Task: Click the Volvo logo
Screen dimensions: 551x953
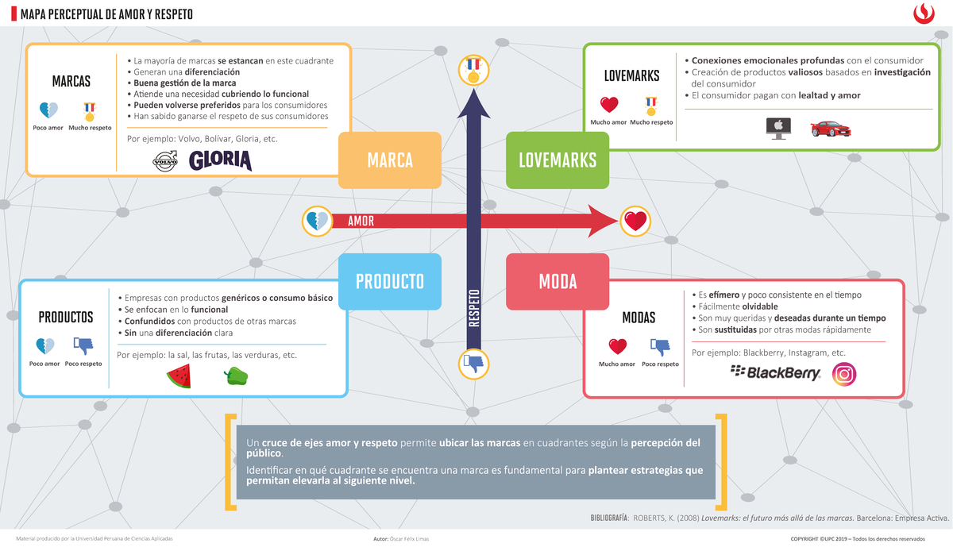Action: click(x=164, y=162)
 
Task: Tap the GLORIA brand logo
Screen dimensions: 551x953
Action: click(x=220, y=161)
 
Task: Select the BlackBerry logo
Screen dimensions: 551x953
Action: click(x=774, y=373)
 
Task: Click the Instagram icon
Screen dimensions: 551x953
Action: click(x=843, y=374)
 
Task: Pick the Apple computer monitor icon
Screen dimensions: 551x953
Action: click(x=777, y=129)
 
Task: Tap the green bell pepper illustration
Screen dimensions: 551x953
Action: click(x=237, y=376)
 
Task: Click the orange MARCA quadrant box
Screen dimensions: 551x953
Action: click(x=389, y=160)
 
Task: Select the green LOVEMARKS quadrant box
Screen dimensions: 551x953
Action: click(x=558, y=160)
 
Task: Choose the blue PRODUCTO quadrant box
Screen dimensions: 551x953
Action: click(x=389, y=281)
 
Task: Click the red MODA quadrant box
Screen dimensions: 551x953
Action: click(x=558, y=281)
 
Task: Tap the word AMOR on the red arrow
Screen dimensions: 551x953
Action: click(x=361, y=222)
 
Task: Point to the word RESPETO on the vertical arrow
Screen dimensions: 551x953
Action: click(x=474, y=307)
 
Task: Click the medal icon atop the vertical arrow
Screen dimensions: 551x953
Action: click(x=474, y=71)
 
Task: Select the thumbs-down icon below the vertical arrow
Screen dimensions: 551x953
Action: click(x=474, y=364)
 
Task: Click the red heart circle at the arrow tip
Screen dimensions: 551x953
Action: click(x=635, y=221)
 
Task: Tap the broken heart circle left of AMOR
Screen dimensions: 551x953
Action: click(x=315, y=221)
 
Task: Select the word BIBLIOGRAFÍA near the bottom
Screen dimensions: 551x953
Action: click(x=609, y=518)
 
